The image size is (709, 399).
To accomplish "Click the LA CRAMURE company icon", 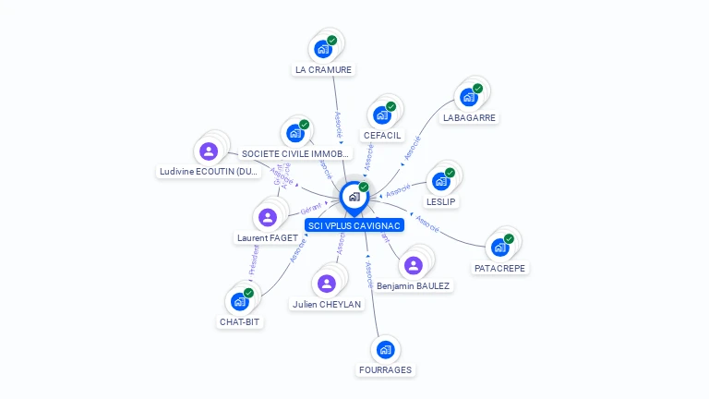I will pos(323,49).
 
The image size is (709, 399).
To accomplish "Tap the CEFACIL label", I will pos(382,136).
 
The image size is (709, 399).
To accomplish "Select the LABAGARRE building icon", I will pos(469,97).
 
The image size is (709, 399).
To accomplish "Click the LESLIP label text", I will pos(441,201).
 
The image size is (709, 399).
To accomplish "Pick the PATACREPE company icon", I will pos(500,247).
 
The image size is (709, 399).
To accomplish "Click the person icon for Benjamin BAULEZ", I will pos(413,265).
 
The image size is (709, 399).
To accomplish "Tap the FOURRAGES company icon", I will pos(385,349).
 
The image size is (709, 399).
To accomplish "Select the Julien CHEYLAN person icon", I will pos(326,284).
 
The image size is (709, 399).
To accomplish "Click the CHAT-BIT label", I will pos(240,322).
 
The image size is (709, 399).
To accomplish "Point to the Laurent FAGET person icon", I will pos(268,217).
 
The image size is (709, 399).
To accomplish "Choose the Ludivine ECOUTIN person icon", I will pos(209,151).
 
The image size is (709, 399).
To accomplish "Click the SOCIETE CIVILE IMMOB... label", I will pos(283,153).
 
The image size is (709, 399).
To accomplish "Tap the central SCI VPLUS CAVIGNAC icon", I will pos(354,197).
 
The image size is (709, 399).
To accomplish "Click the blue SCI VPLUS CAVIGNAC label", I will pos(354,225).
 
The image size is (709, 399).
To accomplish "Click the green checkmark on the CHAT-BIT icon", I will pos(248,293).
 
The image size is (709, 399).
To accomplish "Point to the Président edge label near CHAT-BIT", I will pos(254,261).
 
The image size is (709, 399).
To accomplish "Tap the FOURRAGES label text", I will pos(386,370).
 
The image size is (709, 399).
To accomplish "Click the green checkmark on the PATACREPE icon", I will pos(509,238).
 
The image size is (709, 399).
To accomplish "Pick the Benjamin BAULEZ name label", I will pos(414,286).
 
